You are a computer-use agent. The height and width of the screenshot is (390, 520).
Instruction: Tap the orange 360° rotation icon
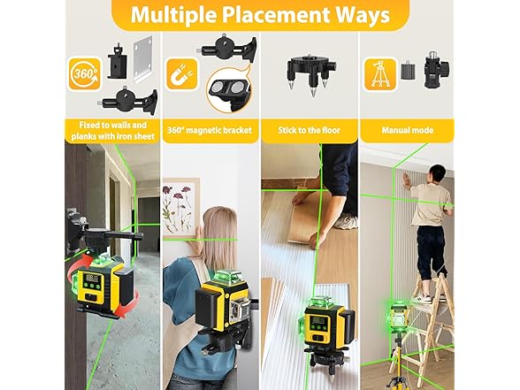(85, 74)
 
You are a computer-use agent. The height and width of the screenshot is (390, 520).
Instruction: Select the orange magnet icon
(182, 74)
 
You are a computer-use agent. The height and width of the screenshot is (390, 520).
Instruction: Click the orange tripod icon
(380, 74)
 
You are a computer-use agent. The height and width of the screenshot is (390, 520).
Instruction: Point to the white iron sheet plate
(143, 60)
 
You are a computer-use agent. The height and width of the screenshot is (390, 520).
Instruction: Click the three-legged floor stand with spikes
(311, 74)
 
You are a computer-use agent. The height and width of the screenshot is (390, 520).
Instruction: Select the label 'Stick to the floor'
(310, 130)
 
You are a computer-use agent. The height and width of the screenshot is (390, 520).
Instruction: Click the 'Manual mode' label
(407, 130)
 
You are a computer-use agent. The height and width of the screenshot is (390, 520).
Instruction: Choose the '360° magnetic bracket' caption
(210, 130)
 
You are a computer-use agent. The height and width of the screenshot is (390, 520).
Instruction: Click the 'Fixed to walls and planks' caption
(113, 131)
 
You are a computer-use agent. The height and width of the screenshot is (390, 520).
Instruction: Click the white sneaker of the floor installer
(346, 221)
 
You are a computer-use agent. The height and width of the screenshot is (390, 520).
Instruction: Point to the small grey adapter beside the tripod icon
(409, 71)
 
